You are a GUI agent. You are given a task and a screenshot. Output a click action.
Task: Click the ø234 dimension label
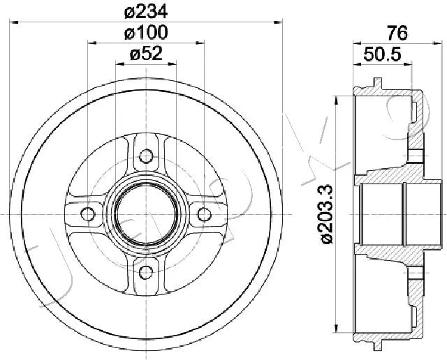[146, 12]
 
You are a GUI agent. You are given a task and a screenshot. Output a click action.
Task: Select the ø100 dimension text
[146, 33]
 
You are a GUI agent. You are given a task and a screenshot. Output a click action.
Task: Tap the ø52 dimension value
[146, 54]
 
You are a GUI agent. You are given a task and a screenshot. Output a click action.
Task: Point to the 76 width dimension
[397, 33]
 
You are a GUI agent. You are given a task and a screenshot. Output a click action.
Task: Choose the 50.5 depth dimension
[382, 54]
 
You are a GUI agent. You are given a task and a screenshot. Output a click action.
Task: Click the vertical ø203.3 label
[327, 214]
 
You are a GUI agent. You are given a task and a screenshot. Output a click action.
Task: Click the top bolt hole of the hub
[146, 156]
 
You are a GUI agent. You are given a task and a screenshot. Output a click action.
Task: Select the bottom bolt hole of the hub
[146, 273]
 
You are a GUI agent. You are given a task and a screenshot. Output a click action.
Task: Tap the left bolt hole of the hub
[87, 214]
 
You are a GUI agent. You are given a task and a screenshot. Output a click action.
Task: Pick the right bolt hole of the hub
[205, 214]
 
